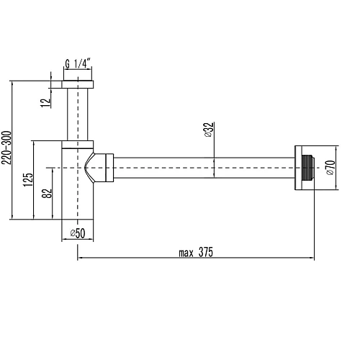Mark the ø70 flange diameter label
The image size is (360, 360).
(x=329, y=168)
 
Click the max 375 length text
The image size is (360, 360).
(x=196, y=252)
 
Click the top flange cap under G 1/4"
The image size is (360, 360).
(x=78, y=84)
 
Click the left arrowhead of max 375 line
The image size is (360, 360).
(x=78, y=258)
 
